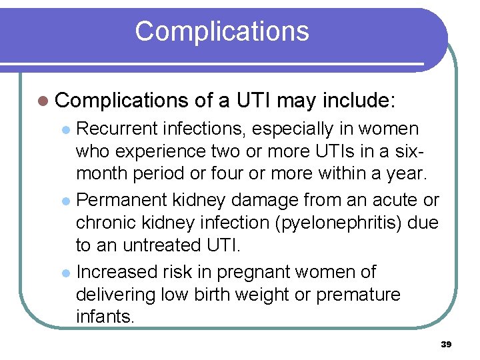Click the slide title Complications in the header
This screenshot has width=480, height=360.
point(222,31)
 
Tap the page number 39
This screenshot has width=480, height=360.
point(446,344)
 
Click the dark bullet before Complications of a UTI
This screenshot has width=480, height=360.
point(43,101)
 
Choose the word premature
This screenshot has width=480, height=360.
point(358,295)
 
